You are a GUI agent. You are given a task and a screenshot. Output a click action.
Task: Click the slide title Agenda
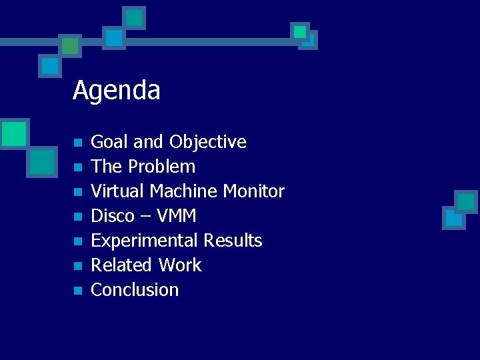tap(117, 90)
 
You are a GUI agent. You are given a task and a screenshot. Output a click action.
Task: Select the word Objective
tap(207, 142)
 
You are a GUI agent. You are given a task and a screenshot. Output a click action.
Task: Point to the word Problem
tap(162, 167)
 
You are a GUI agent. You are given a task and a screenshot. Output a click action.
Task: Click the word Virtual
tap(117, 191)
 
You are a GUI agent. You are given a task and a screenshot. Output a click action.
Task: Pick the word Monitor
tap(253, 191)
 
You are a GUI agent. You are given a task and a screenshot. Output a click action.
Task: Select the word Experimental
tap(144, 241)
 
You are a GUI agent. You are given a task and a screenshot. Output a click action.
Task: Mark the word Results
tap(233, 241)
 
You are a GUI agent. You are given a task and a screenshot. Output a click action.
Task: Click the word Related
tap(117, 265)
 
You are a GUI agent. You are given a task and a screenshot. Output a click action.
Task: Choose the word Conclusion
tap(135, 290)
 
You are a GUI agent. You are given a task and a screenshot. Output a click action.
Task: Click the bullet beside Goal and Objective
tap(77, 143)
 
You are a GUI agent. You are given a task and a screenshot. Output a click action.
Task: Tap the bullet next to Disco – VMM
tap(77, 217)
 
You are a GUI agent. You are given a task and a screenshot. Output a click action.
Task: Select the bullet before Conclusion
tap(77, 291)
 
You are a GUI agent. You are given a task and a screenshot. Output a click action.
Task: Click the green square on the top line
tap(69, 45)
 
